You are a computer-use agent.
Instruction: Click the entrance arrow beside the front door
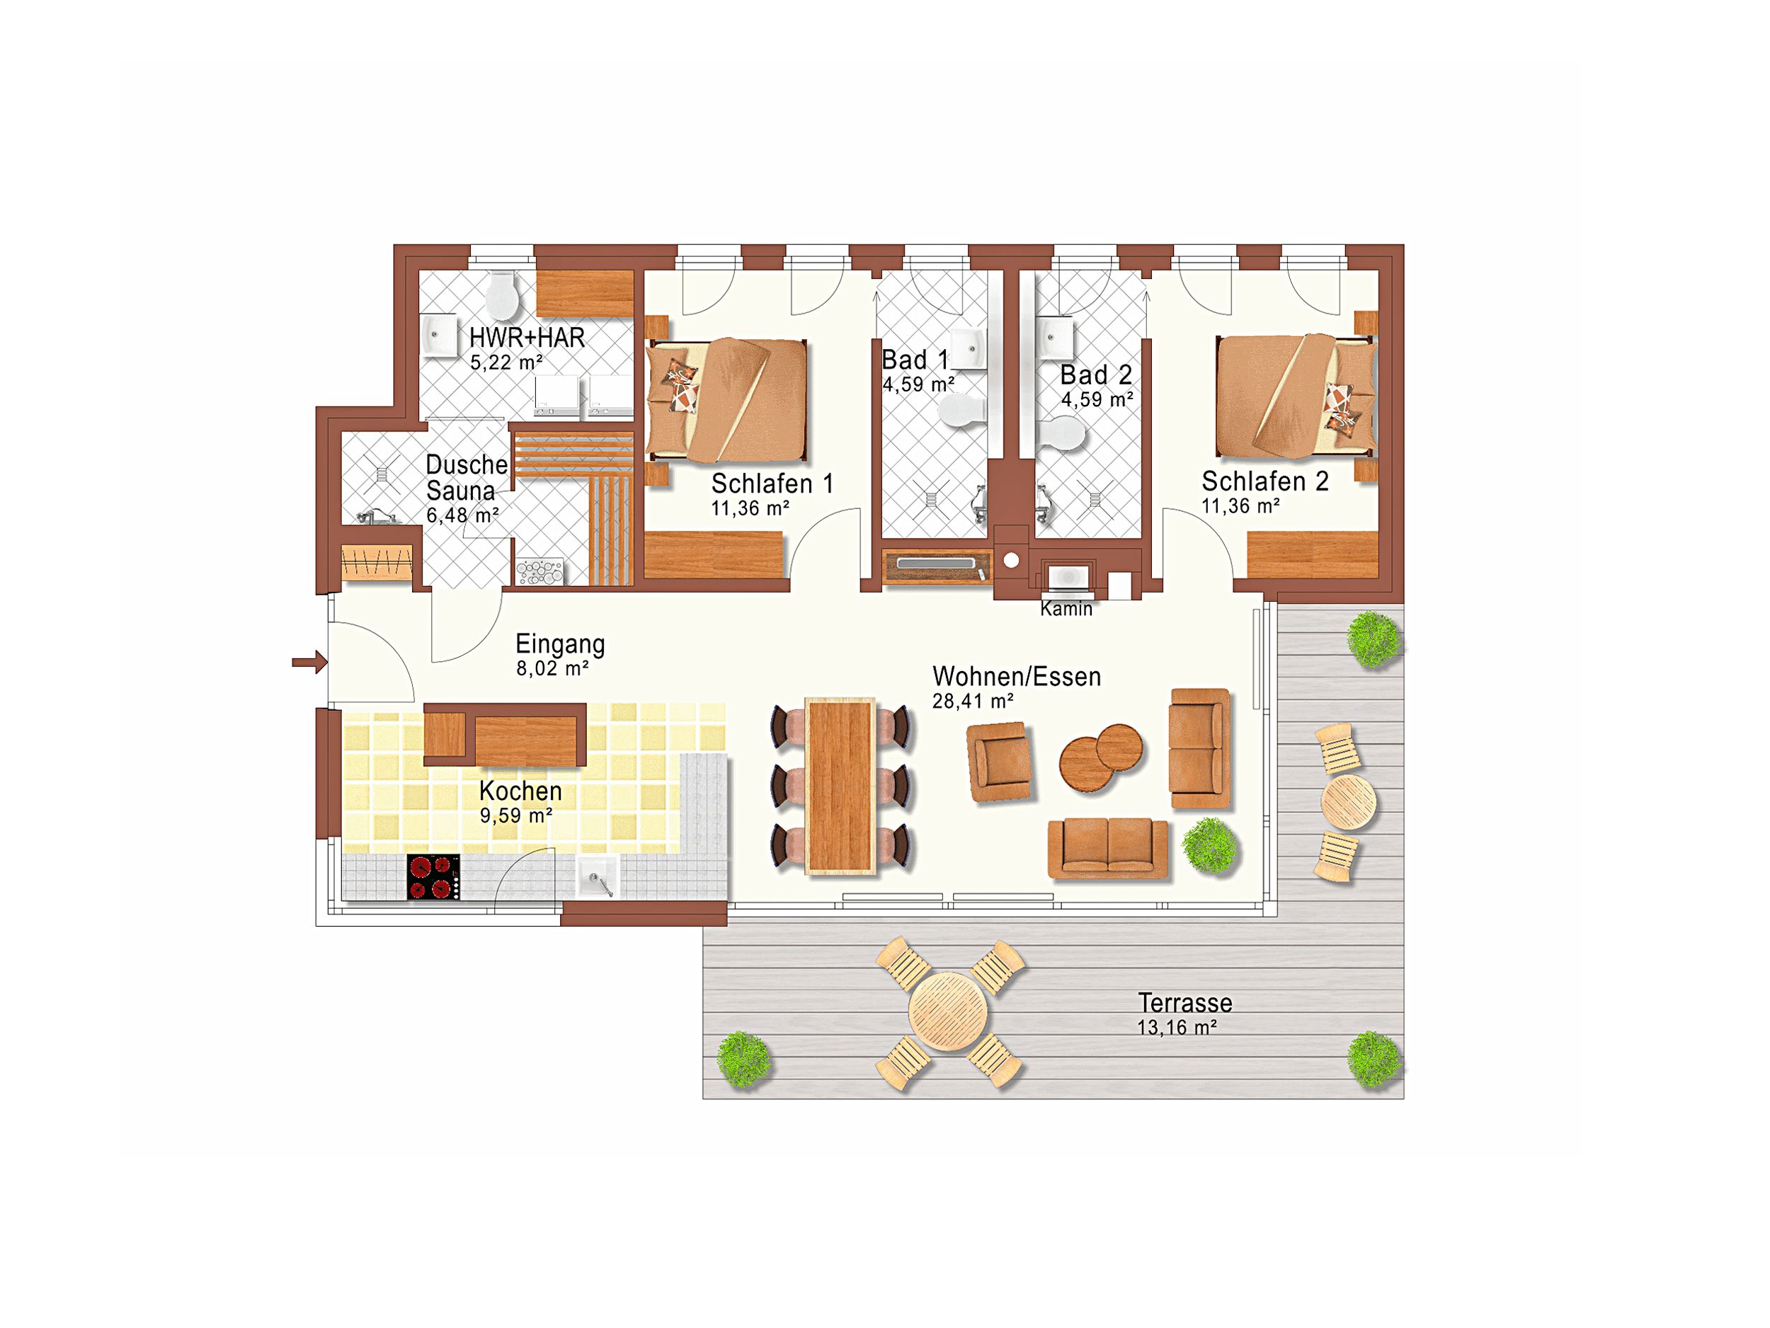point(309,662)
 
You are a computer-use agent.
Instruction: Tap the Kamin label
point(1066,609)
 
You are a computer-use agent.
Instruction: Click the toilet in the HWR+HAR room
point(503,295)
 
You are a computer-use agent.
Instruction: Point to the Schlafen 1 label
point(772,483)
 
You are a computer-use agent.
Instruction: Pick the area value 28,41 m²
point(972,702)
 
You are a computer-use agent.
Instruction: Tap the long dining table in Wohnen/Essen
point(840,786)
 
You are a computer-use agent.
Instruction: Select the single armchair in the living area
point(1000,762)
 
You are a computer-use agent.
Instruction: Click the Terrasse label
point(1185,1002)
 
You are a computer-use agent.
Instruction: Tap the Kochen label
point(520,791)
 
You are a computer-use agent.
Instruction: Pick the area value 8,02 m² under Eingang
point(552,668)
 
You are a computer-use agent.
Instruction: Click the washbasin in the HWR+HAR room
point(438,333)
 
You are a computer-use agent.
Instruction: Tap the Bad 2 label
point(1095,374)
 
